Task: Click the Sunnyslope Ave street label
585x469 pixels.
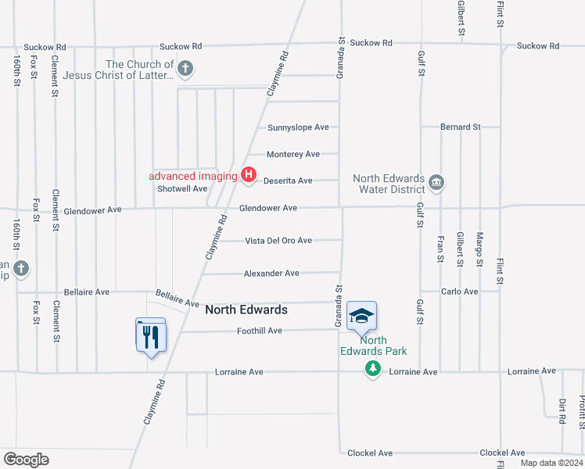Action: (x=298, y=127)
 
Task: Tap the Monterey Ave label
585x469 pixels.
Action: (x=293, y=154)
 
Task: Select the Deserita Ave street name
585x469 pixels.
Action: (x=288, y=181)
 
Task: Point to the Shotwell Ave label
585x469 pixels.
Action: (x=182, y=188)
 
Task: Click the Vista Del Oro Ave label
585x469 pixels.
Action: (x=278, y=241)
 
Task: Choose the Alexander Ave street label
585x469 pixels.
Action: (x=271, y=274)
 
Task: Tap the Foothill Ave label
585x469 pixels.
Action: (x=259, y=331)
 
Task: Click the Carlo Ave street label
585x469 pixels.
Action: (x=459, y=292)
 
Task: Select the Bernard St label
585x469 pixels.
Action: (x=460, y=127)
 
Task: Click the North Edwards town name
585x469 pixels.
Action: (x=246, y=310)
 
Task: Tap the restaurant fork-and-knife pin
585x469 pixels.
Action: (x=150, y=336)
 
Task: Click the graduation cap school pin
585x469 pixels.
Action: (x=361, y=315)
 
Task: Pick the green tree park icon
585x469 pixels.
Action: (x=373, y=369)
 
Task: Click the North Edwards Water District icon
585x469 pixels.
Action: (x=436, y=184)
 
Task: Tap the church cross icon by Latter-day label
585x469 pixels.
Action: (x=185, y=70)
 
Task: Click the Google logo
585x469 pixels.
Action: (x=26, y=460)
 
